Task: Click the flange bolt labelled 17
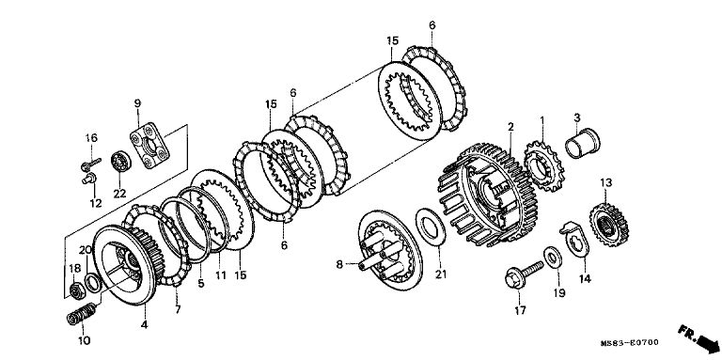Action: pyautogui.click(x=523, y=274)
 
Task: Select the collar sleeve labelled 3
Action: pyautogui.click(x=583, y=143)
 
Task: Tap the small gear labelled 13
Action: pyautogui.click(x=609, y=225)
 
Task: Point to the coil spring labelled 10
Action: pyautogui.click(x=81, y=314)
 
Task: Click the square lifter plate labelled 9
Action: pyautogui.click(x=149, y=149)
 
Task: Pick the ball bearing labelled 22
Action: pyautogui.click(x=121, y=161)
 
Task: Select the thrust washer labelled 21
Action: pyautogui.click(x=431, y=227)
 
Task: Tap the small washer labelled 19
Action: pyautogui.click(x=553, y=258)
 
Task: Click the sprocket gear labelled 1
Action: pyautogui.click(x=543, y=166)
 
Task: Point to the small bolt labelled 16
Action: pyautogui.click(x=90, y=164)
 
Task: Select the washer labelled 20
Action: pyautogui.click(x=92, y=283)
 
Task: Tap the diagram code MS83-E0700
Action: pyautogui.click(x=630, y=343)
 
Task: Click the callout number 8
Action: pyautogui.click(x=339, y=265)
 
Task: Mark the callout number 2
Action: pyautogui.click(x=510, y=127)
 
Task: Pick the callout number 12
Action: pyautogui.click(x=96, y=203)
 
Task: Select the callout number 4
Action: pyautogui.click(x=145, y=325)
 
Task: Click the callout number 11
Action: pyautogui.click(x=221, y=275)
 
